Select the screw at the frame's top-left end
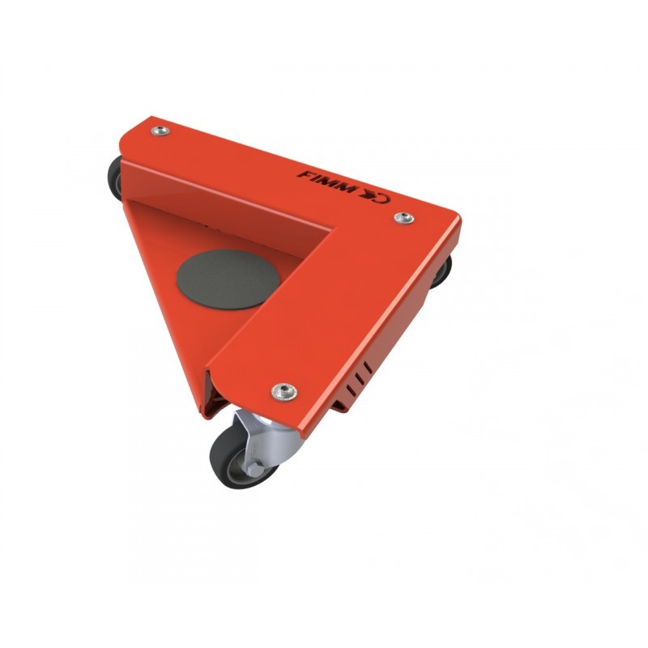tap(160, 131)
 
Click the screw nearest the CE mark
tap(403, 218)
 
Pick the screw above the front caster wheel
tap(284, 391)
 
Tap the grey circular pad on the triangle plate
tap(228, 279)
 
